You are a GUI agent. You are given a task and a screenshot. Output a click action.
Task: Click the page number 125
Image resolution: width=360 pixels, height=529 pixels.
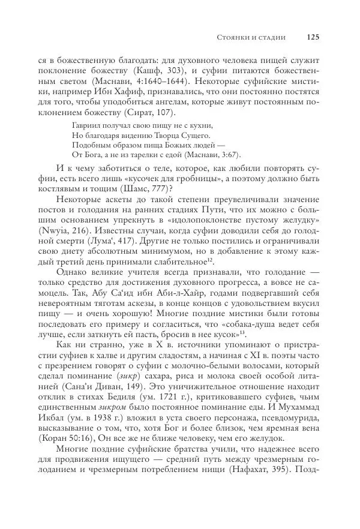click(312, 37)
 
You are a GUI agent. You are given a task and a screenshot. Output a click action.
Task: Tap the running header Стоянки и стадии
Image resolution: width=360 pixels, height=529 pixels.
click(251, 37)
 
